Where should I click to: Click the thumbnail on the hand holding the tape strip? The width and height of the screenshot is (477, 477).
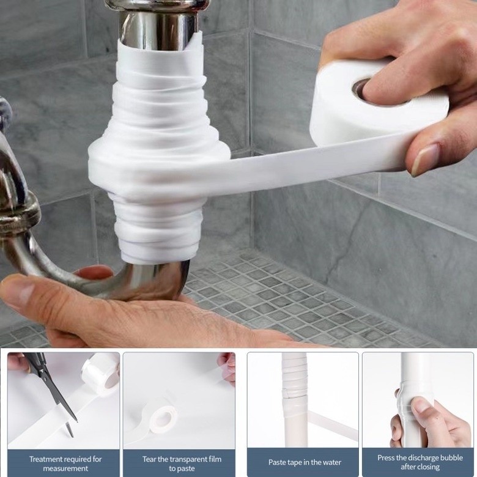(x=424, y=160)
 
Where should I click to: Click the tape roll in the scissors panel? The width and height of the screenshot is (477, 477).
(x=101, y=375)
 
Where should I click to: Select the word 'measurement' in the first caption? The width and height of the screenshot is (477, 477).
(x=65, y=468)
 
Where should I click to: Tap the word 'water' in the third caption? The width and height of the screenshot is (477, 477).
(x=332, y=462)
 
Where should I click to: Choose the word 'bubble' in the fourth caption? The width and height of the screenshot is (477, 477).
(x=451, y=458)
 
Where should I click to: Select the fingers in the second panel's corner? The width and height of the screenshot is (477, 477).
(x=227, y=369)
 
